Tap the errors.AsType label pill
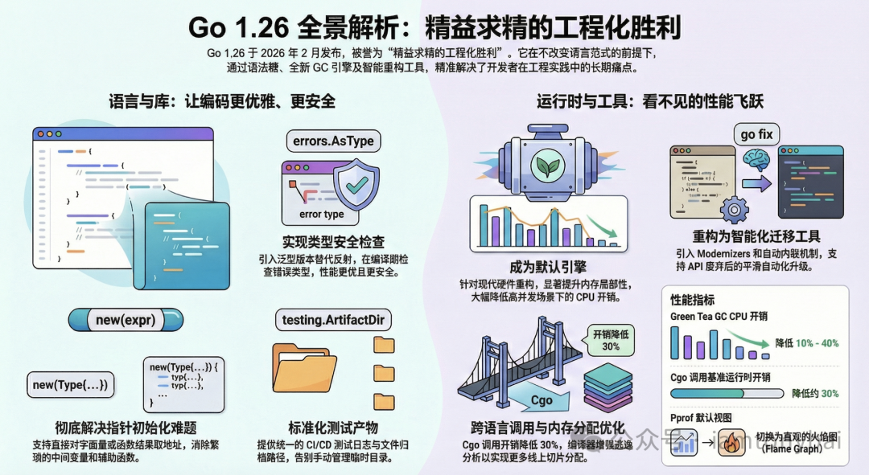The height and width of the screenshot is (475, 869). [x=333, y=141]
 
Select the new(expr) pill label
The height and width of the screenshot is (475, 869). [x=126, y=320]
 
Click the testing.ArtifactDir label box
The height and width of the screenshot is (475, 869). [x=333, y=320]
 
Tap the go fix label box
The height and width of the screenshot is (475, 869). [x=756, y=134]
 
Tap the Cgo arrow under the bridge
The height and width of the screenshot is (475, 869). [x=542, y=399]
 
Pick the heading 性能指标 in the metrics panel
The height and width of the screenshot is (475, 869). [x=692, y=300]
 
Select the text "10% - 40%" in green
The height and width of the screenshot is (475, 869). [x=818, y=343]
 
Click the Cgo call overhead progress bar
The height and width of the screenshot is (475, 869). [x=727, y=393]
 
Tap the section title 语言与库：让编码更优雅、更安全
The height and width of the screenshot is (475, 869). [x=222, y=101]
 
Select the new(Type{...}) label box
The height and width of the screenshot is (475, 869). [x=70, y=384]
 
